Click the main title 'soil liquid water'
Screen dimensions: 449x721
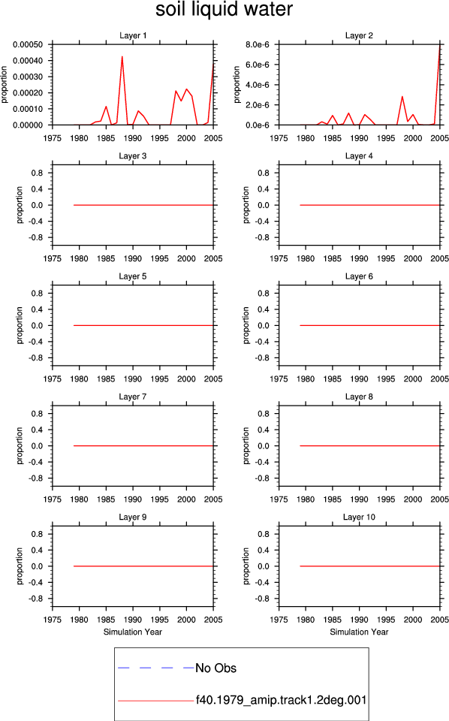coord(225,10)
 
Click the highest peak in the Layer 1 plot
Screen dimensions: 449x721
coord(122,56)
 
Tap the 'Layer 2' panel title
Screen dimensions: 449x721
coord(359,35)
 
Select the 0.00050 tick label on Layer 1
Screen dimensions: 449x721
coord(28,44)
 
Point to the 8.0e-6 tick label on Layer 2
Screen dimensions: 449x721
coord(258,44)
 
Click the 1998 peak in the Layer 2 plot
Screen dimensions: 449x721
coord(402,97)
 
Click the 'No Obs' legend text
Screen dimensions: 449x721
coord(216,668)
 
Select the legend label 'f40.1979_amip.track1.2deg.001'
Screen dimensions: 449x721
coord(282,700)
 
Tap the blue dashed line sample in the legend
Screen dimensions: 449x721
coord(156,668)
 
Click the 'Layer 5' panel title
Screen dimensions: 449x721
coord(132,276)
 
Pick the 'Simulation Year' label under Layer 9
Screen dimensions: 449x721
coord(132,632)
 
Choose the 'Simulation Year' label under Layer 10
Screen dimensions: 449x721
coord(359,632)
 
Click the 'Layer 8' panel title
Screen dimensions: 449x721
coord(359,397)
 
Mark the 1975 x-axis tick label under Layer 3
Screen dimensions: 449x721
coord(53,258)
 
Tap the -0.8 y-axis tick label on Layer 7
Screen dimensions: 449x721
coord(36,478)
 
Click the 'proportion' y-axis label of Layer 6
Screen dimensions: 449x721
coord(246,325)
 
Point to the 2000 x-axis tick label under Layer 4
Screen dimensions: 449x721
coord(413,258)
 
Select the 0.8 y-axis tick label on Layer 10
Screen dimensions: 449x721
coord(264,534)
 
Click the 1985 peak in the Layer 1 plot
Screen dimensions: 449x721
coord(106,107)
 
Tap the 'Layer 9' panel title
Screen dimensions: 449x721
coord(132,517)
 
